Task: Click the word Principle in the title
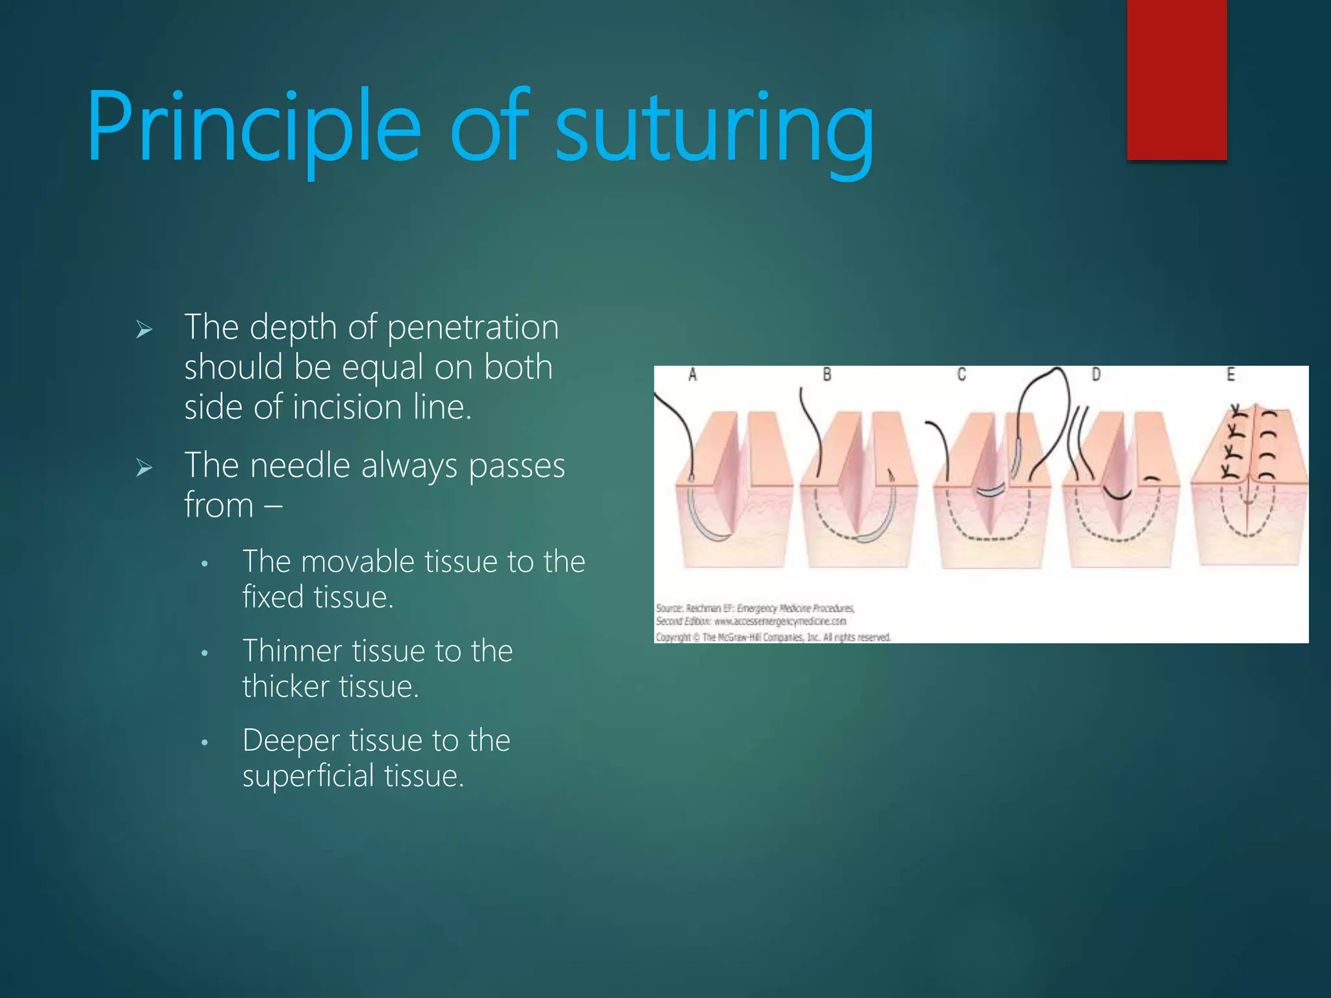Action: pos(253,127)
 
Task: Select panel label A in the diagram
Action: pos(692,375)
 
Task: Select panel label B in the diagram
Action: pos(827,375)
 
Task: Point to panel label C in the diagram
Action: pos(961,375)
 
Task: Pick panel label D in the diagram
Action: pos(1096,375)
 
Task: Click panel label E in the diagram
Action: pos(1230,375)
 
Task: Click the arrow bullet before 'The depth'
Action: pos(144,330)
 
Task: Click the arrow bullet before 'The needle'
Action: pos(144,468)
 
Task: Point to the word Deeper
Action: pos(291,741)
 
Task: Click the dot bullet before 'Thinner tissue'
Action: pos(204,653)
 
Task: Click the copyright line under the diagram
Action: pos(773,637)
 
